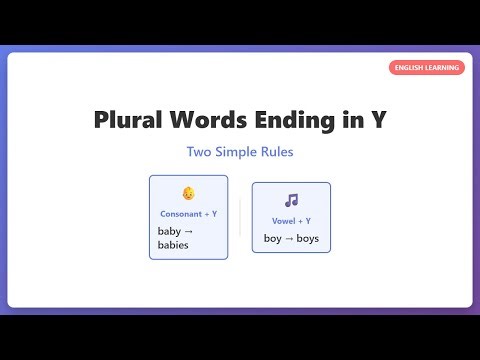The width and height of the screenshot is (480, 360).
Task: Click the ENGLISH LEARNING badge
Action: pos(426,68)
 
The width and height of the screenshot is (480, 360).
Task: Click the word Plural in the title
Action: pos(128,119)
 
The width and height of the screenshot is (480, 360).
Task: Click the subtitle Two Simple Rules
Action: pos(239,152)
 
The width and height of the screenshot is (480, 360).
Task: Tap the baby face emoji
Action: pos(188,194)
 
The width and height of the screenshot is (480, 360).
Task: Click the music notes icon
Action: pos(291,200)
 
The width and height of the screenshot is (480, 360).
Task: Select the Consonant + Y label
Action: pos(188,214)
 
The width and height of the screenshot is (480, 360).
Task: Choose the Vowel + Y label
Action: pos(291,220)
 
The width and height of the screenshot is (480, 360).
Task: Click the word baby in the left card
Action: pos(169,231)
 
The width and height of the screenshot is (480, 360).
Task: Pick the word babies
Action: pos(173,245)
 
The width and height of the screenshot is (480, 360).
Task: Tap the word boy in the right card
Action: pos(273,238)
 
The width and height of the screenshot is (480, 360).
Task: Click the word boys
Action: pos(307,238)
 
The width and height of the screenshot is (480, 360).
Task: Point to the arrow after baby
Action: pos(190,231)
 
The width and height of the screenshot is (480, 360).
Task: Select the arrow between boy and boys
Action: pos(289,238)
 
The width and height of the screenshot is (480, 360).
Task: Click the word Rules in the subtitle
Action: pos(277,152)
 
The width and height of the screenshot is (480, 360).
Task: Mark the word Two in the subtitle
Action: pos(199,152)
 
